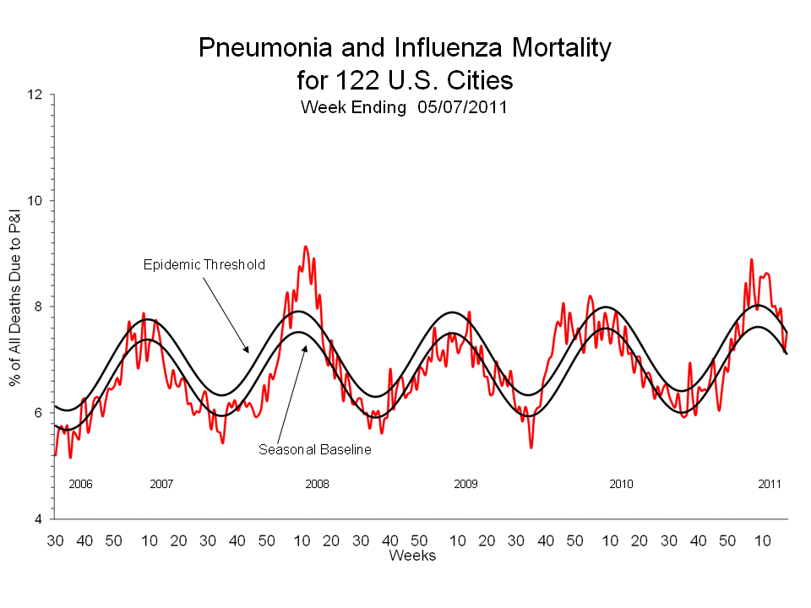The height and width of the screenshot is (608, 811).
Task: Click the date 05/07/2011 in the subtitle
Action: click(461, 107)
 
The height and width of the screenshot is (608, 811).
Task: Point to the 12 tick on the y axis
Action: click(35, 95)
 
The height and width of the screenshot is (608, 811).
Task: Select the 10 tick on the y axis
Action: click(35, 201)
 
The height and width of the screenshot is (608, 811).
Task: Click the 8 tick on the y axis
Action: click(39, 307)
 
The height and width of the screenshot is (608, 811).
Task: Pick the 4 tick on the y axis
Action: click(39, 518)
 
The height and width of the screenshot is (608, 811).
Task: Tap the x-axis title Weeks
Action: click(412, 556)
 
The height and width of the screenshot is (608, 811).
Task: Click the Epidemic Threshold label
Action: click(204, 265)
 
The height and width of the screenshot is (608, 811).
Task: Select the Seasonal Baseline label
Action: click(314, 450)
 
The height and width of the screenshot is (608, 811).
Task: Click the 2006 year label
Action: click(80, 485)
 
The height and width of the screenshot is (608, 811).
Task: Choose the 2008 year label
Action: click(317, 485)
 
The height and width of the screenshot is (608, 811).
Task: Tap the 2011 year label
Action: click(769, 485)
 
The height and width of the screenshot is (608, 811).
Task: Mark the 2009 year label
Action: click(465, 485)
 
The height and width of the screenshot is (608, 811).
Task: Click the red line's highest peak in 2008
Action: click(306, 247)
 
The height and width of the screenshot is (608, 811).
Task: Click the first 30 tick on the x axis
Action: click(56, 540)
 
